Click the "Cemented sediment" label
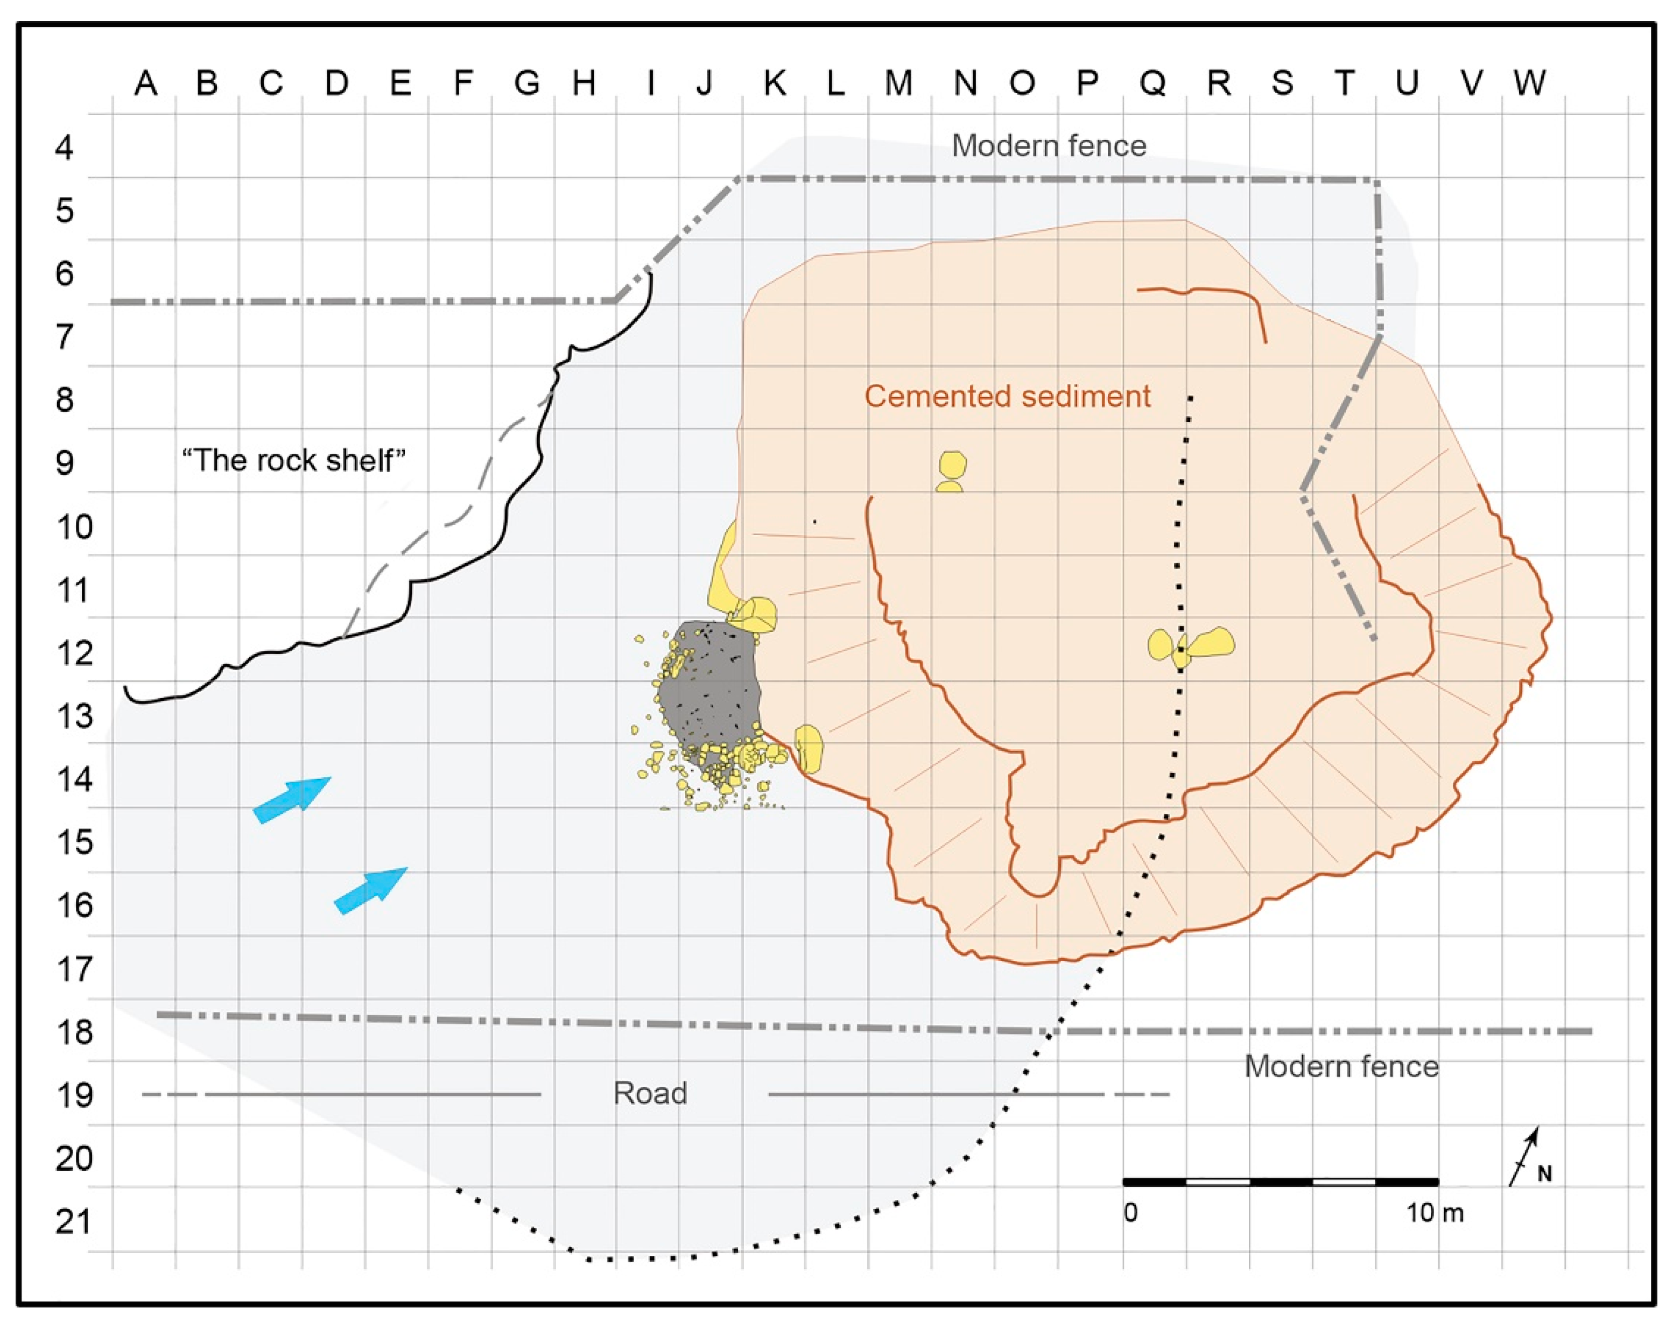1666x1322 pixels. tap(1007, 396)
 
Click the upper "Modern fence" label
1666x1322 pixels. tap(1049, 145)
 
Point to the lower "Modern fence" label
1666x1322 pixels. tap(1341, 1067)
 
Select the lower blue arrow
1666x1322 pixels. tap(370, 890)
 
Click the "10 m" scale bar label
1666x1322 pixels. tap(1434, 1213)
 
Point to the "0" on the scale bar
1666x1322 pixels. tap(1130, 1213)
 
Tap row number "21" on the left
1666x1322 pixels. tap(74, 1222)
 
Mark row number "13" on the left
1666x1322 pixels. tap(74, 716)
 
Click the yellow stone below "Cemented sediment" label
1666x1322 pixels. tap(952, 467)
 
